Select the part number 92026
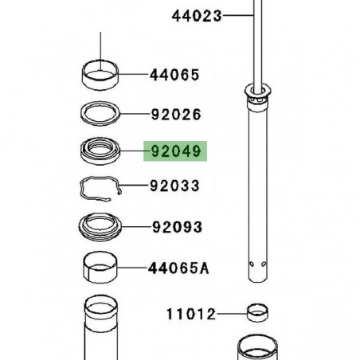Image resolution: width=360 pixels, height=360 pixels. tap(174, 115)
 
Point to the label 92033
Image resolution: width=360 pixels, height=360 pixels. tap(174, 186)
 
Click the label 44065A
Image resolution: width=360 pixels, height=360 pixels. tap(178, 268)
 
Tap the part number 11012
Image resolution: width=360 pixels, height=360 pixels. tap(191, 314)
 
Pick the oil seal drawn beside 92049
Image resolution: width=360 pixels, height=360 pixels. tap(103, 151)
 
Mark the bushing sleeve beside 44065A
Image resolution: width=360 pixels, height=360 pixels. tap(102, 268)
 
